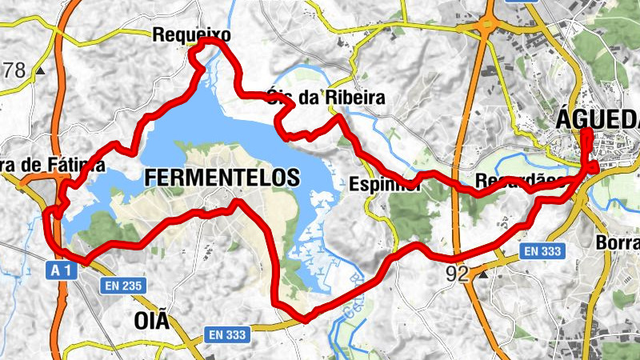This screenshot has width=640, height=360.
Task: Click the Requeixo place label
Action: [191, 35]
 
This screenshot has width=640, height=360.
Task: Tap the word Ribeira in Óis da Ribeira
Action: [355, 98]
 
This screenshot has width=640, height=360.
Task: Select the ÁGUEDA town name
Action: [597, 119]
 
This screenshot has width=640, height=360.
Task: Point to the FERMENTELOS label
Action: [222, 178]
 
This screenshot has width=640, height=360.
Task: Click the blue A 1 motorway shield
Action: [64, 270]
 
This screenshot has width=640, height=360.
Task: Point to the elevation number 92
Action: [458, 274]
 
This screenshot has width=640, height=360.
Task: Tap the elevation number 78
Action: [13, 70]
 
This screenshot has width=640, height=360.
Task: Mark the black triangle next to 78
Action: [39, 70]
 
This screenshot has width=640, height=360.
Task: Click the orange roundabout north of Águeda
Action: [486, 28]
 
